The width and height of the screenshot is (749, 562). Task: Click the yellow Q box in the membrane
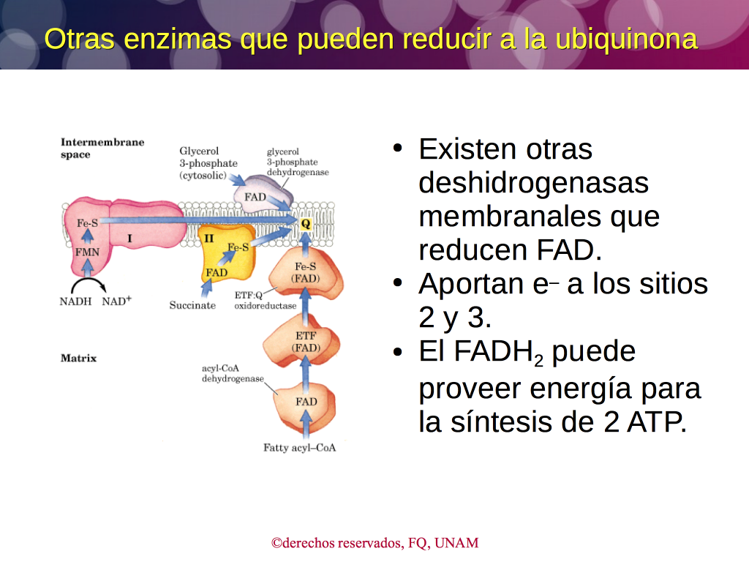pos(306,224)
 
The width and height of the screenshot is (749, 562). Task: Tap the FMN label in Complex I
pos(88,252)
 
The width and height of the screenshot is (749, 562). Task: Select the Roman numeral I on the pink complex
pos(129,238)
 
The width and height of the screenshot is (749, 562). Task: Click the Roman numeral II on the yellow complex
pos(208,238)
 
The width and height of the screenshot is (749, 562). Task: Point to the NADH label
pos(75,301)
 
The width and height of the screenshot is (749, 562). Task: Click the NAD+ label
pos(116,301)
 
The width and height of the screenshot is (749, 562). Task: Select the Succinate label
pos(192,305)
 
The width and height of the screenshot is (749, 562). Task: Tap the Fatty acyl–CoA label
pos(299,448)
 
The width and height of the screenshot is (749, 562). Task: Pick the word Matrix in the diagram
pos(78,358)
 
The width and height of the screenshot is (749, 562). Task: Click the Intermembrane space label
pos(102,148)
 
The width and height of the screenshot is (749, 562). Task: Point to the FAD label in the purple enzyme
pos(255,197)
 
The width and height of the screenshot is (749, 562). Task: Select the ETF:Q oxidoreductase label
pos(265,301)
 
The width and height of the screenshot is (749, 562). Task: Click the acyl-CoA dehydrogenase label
pos(233,373)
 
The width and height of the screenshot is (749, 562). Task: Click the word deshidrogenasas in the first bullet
pos(533,182)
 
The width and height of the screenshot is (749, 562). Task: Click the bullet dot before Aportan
pos(397,283)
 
